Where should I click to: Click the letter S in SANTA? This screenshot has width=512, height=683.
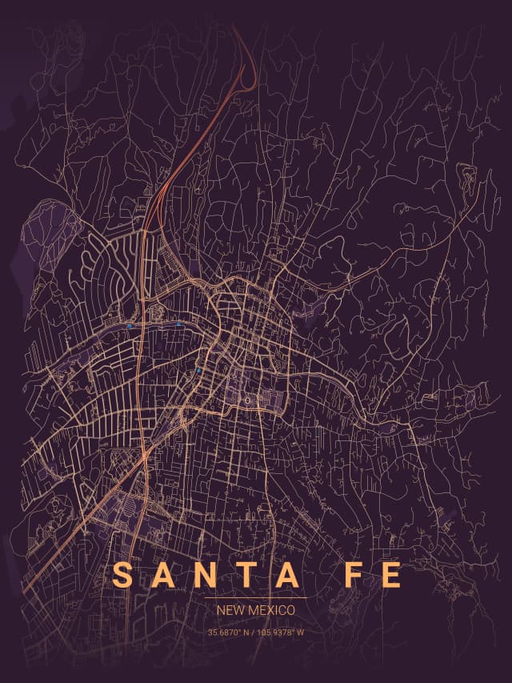click(x=123, y=575)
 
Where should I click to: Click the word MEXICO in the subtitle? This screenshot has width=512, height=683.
click(x=271, y=610)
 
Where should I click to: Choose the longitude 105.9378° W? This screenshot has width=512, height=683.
click(x=281, y=633)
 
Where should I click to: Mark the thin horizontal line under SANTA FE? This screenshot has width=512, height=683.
click(x=255, y=597)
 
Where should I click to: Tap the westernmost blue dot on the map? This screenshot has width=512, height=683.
click(x=130, y=326)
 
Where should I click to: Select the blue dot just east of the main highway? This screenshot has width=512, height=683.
click(x=178, y=323)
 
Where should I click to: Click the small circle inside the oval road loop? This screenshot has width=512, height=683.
click(x=249, y=400)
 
